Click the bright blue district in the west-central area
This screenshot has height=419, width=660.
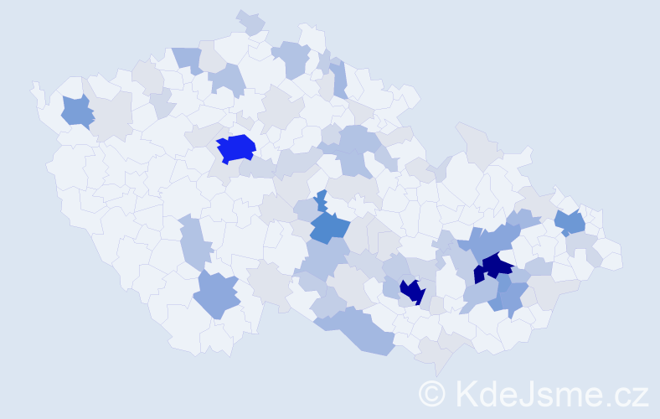235,147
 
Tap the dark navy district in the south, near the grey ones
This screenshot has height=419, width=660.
412,291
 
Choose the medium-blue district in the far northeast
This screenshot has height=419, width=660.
571,222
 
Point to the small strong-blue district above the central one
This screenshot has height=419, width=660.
321,201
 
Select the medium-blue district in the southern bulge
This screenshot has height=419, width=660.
217,294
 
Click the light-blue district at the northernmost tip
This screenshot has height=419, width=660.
250,21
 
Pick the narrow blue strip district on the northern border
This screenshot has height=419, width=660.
338,80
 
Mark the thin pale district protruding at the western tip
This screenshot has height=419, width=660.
36,91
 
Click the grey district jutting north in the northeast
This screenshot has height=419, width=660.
475,142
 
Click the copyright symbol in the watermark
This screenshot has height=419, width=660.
432,393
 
